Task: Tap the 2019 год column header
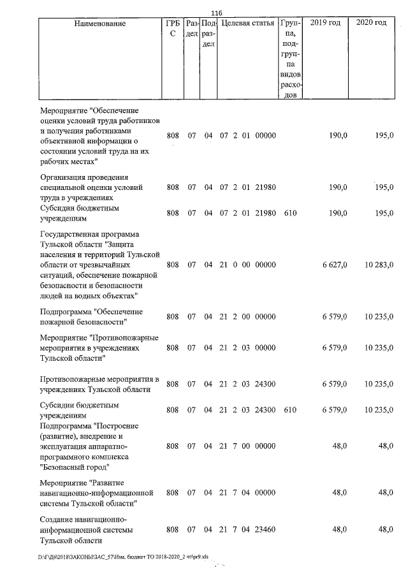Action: coord(325,24)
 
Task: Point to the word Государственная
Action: coord(71,235)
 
